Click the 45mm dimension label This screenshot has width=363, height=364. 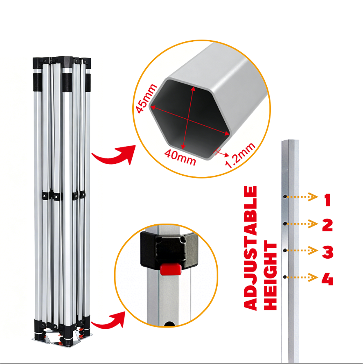tap(146, 98)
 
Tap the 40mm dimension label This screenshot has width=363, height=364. tap(180, 157)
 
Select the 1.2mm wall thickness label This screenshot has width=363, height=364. tap(241, 155)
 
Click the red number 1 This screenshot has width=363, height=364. tap(328, 200)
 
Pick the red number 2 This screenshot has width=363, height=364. tap(327, 225)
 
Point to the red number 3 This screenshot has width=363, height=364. tap(327, 252)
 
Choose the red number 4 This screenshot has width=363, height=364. tap(327, 279)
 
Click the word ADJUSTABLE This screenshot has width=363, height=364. tap(250, 248)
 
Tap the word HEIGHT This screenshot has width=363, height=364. tap(270, 275)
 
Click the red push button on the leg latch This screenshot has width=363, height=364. tap(171, 269)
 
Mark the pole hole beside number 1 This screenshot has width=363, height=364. tap(285, 197)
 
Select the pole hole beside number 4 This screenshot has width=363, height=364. tap(285, 277)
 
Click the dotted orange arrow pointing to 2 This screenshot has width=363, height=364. tap(302, 224)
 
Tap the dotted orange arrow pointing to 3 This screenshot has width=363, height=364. tap(302, 251)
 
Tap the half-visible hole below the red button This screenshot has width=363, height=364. tap(169, 324)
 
